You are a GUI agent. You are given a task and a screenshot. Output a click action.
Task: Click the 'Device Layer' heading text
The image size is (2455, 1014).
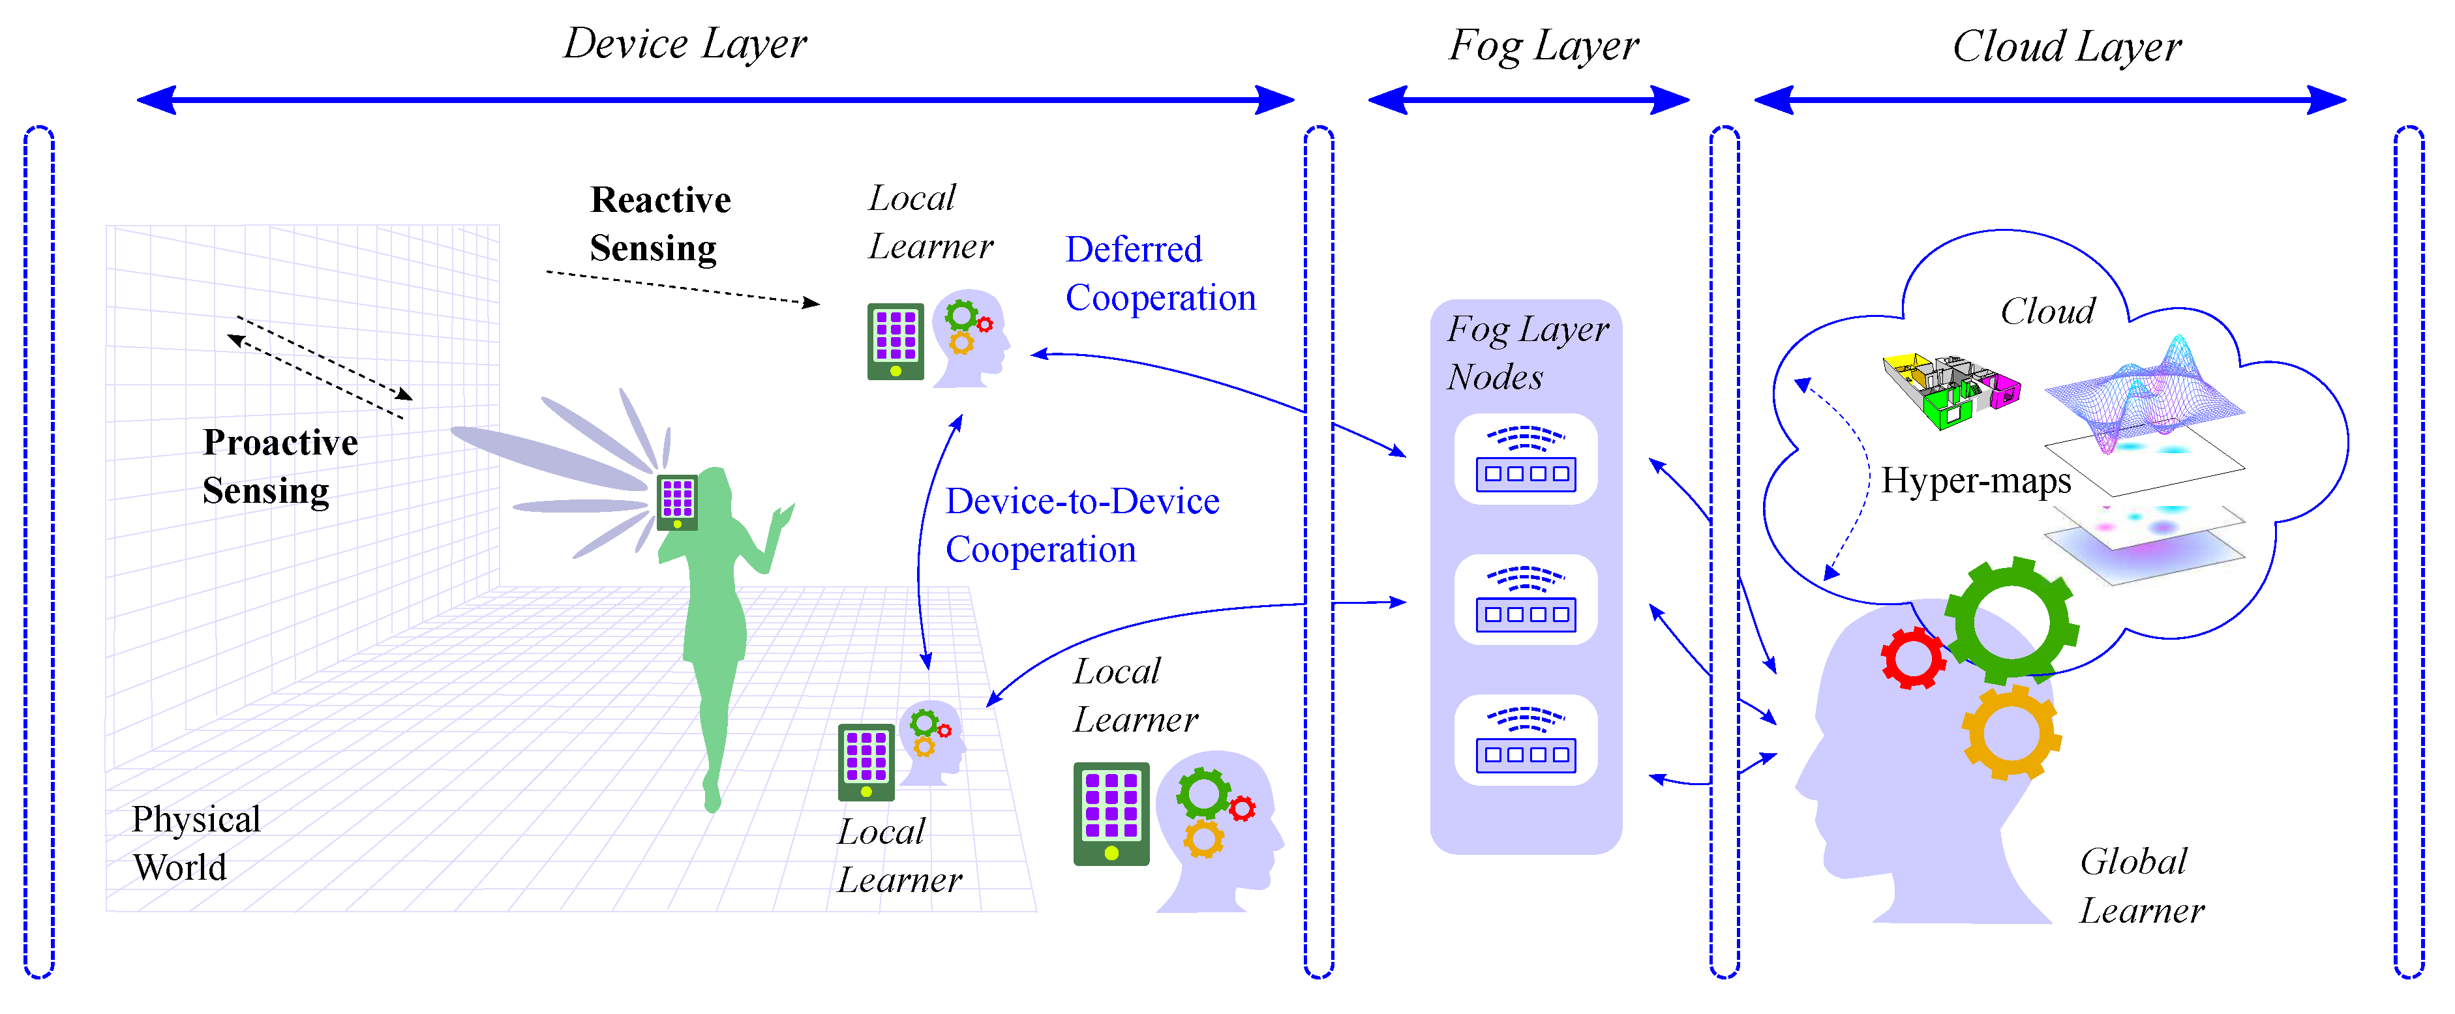(x=684, y=44)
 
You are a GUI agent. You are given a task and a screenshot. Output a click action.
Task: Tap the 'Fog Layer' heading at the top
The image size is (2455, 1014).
(x=1543, y=46)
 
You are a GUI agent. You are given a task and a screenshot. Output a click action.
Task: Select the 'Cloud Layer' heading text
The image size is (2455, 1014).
(x=2066, y=46)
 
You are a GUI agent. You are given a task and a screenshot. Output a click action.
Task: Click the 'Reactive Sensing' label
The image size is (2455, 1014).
(x=659, y=224)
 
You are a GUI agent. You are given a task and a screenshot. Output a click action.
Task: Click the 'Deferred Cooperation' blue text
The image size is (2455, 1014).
(x=1159, y=273)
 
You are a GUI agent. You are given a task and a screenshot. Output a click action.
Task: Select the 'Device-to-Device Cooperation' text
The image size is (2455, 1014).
(x=1081, y=525)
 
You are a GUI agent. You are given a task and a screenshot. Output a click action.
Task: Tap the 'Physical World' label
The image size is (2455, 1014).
(x=196, y=843)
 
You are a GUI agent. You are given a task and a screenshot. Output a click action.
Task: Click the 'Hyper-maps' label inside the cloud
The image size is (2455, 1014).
(x=1975, y=481)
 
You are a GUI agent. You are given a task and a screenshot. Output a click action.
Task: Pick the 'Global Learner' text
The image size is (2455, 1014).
(x=2141, y=886)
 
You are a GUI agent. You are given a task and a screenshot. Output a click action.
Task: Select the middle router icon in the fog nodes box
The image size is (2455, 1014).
(x=1525, y=601)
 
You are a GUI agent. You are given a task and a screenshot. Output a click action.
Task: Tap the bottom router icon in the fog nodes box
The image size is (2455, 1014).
(x=1525, y=741)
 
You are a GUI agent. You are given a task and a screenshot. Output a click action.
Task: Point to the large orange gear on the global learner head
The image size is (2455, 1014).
(x=2011, y=733)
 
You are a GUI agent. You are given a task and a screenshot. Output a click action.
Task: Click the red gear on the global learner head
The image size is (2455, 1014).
(x=1912, y=657)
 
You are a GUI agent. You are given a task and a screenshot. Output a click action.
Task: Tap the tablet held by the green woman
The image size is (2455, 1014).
(x=676, y=501)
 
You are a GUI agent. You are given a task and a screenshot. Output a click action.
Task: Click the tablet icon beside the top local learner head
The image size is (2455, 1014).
(x=895, y=341)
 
